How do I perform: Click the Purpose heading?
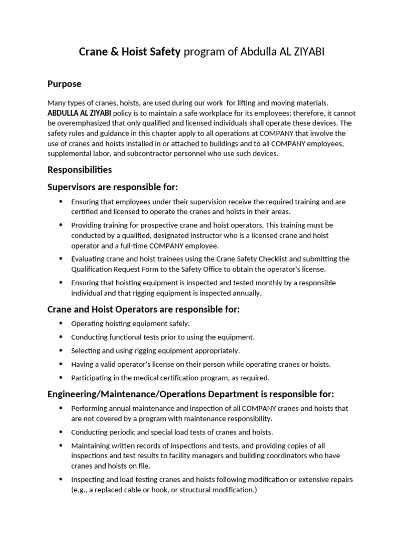[64, 84]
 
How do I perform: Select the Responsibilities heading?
[79, 170]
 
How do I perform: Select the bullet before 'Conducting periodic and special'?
[60, 432]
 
